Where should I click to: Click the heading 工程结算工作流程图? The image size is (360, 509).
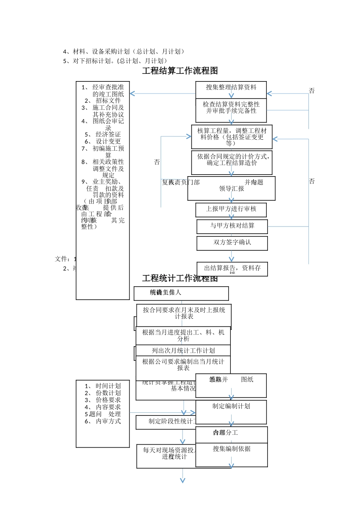pyautogui.click(x=180, y=71)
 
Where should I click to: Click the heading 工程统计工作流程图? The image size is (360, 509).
pyautogui.click(x=180, y=278)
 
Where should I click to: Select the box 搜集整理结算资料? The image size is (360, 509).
pyautogui.click(x=231, y=87)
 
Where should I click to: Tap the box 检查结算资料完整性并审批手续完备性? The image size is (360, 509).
pyautogui.click(x=231, y=108)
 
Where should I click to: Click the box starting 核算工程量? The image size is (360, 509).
pyautogui.click(x=232, y=137)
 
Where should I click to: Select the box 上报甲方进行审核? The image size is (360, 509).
pyautogui.click(x=231, y=209)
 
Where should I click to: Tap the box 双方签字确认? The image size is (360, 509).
pyautogui.click(x=232, y=242)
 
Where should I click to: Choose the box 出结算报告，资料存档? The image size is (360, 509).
pyautogui.click(x=232, y=268)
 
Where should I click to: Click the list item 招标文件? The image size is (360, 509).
pyautogui.click(x=108, y=101)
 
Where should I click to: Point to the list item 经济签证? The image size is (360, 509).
pyautogui.click(x=108, y=134)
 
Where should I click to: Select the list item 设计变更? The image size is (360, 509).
pyautogui.click(x=108, y=141)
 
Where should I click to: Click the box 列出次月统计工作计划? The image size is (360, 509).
pyautogui.click(x=183, y=351)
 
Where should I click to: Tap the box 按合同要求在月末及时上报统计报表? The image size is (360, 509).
pyautogui.click(x=184, y=313)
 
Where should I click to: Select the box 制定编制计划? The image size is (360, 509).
pyautogui.click(x=231, y=406)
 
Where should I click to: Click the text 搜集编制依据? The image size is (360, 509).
pyautogui.click(x=231, y=449)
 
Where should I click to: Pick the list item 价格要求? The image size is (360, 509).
pyautogui.click(x=108, y=400)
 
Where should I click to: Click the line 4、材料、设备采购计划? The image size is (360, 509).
pyautogui.click(x=124, y=52)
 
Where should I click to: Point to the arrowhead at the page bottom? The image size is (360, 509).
pyautogui.click(x=183, y=481)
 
